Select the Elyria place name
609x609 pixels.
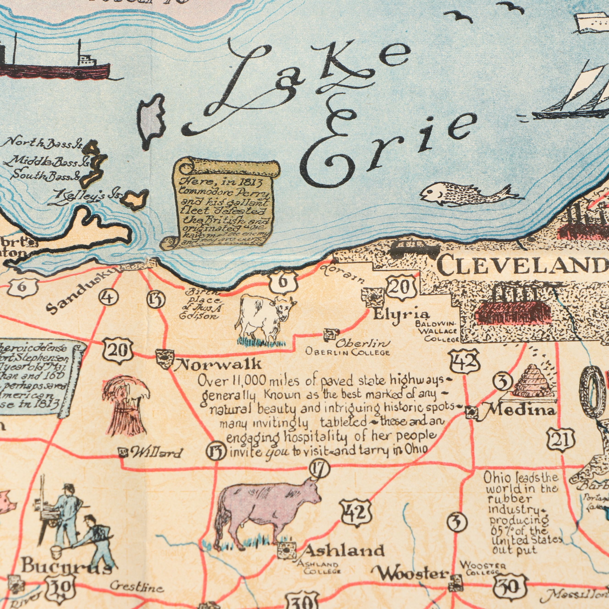(401, 314)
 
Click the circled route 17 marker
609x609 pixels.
(320, 470)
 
